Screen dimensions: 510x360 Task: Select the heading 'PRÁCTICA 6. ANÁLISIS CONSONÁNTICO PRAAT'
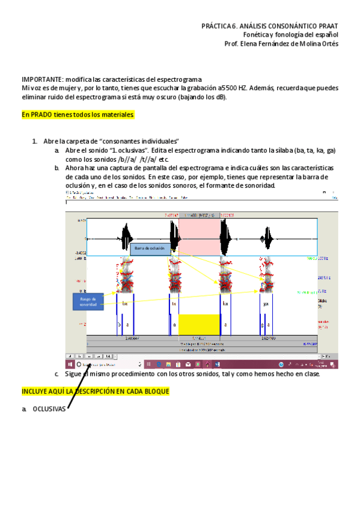(x=269, y=26)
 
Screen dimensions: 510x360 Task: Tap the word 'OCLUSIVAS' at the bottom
(x=49, y=409)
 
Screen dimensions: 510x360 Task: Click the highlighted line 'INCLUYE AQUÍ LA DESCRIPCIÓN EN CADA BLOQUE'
(x=95, y=392)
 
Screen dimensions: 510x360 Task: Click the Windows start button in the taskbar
(x=69, y=364)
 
